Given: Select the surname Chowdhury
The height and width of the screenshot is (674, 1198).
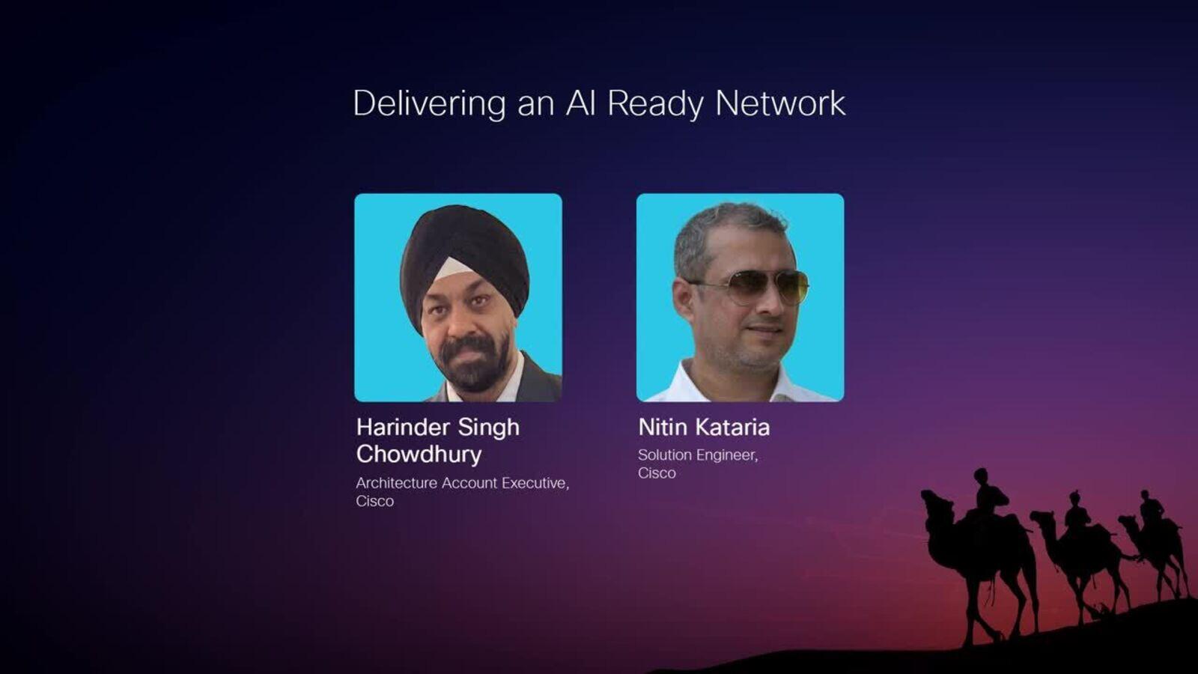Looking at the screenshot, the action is tap(419, 454).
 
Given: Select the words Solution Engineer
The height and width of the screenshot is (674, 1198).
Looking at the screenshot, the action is tap(698, 455).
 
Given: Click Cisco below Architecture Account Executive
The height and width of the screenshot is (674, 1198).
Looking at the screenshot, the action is tap(375, 501).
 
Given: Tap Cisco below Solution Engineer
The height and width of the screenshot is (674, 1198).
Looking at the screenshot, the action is tap(657, 473).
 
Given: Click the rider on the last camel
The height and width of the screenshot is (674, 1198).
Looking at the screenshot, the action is tap(1151, 508).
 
